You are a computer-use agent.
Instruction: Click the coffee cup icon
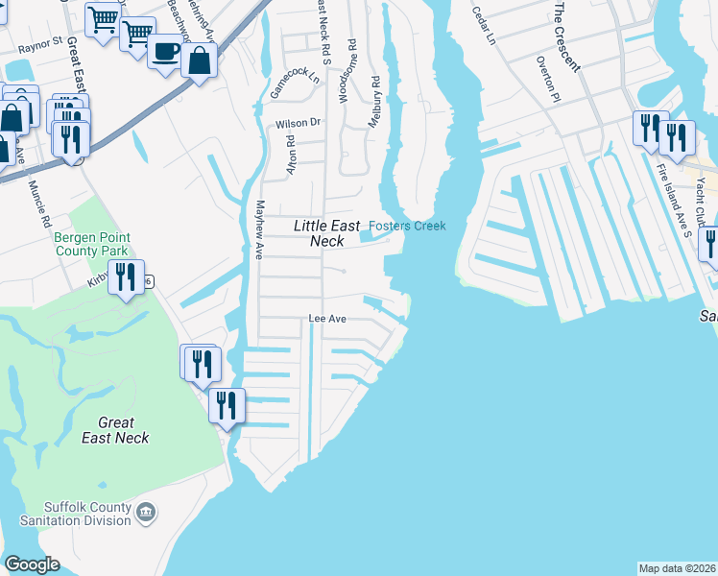click(x=167, y=52)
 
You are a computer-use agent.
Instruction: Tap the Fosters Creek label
click(x=408, y=226)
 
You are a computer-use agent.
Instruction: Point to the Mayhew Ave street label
click(x=258, y=230)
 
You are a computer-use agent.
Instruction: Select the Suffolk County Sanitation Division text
click(x=86, y=514)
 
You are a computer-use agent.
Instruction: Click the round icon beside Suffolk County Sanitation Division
click(x=145, y=514)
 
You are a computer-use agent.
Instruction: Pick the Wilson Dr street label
click(x=298, y=123)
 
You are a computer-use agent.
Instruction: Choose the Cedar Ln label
click(x=484, y=26)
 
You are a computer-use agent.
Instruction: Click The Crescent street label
click(x=566, y=36)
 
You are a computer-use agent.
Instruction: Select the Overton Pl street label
click(x=545, y=77)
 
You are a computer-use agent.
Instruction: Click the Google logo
click(x=32, y=564)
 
